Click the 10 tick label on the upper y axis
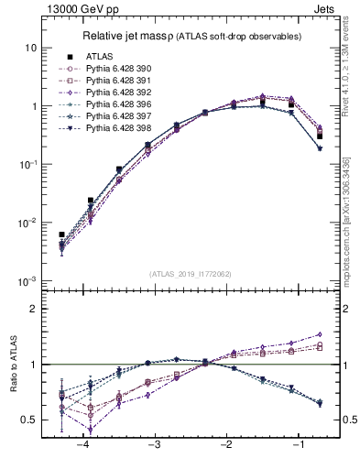point(32,48)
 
